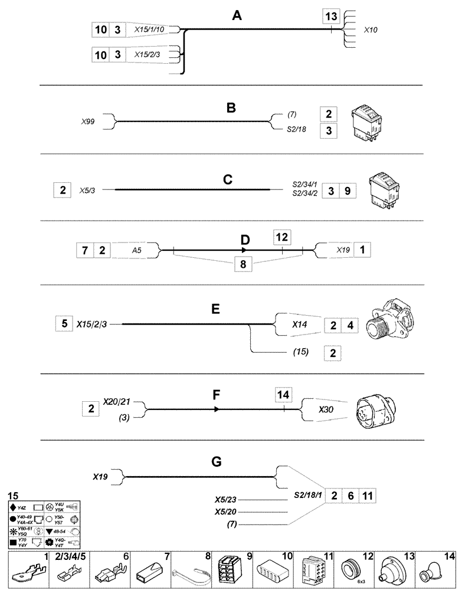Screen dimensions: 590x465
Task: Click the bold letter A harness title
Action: [x=237, y=17]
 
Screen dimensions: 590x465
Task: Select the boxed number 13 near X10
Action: [x=332, y=17]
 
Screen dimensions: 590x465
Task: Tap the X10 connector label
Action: [x=372, y=28]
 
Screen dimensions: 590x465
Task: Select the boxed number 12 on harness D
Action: [x=282, y=237]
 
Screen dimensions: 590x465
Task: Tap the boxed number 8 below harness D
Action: [x=243, y=263]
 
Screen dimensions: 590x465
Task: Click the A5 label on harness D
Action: [x=136, y=250]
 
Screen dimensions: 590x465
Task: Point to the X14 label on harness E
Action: [x=300, y=324]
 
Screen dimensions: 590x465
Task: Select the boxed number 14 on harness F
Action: [x=284, y=394]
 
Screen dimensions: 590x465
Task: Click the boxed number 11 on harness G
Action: [x=366, y=496]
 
